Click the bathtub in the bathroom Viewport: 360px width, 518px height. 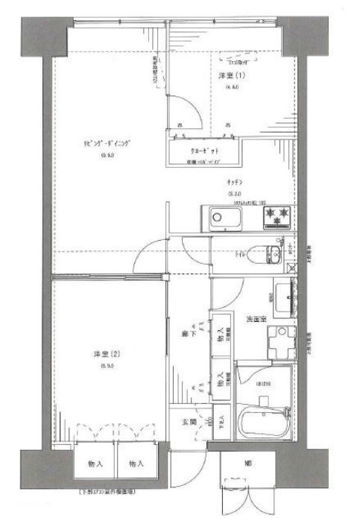pos(264,426)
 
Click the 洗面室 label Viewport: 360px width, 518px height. pos(256,320)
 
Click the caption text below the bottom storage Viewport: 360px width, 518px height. pos(119,493)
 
